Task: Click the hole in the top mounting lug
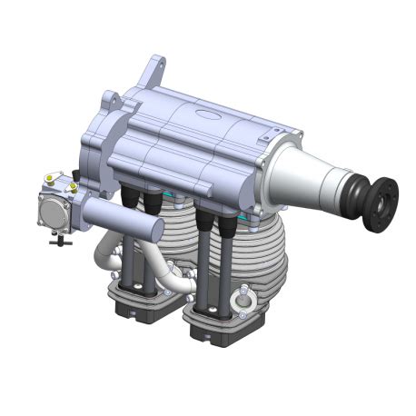(x=159, y=65)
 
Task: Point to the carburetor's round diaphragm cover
(x=52, y=212)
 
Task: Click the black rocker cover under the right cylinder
(x=218, y=327)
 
